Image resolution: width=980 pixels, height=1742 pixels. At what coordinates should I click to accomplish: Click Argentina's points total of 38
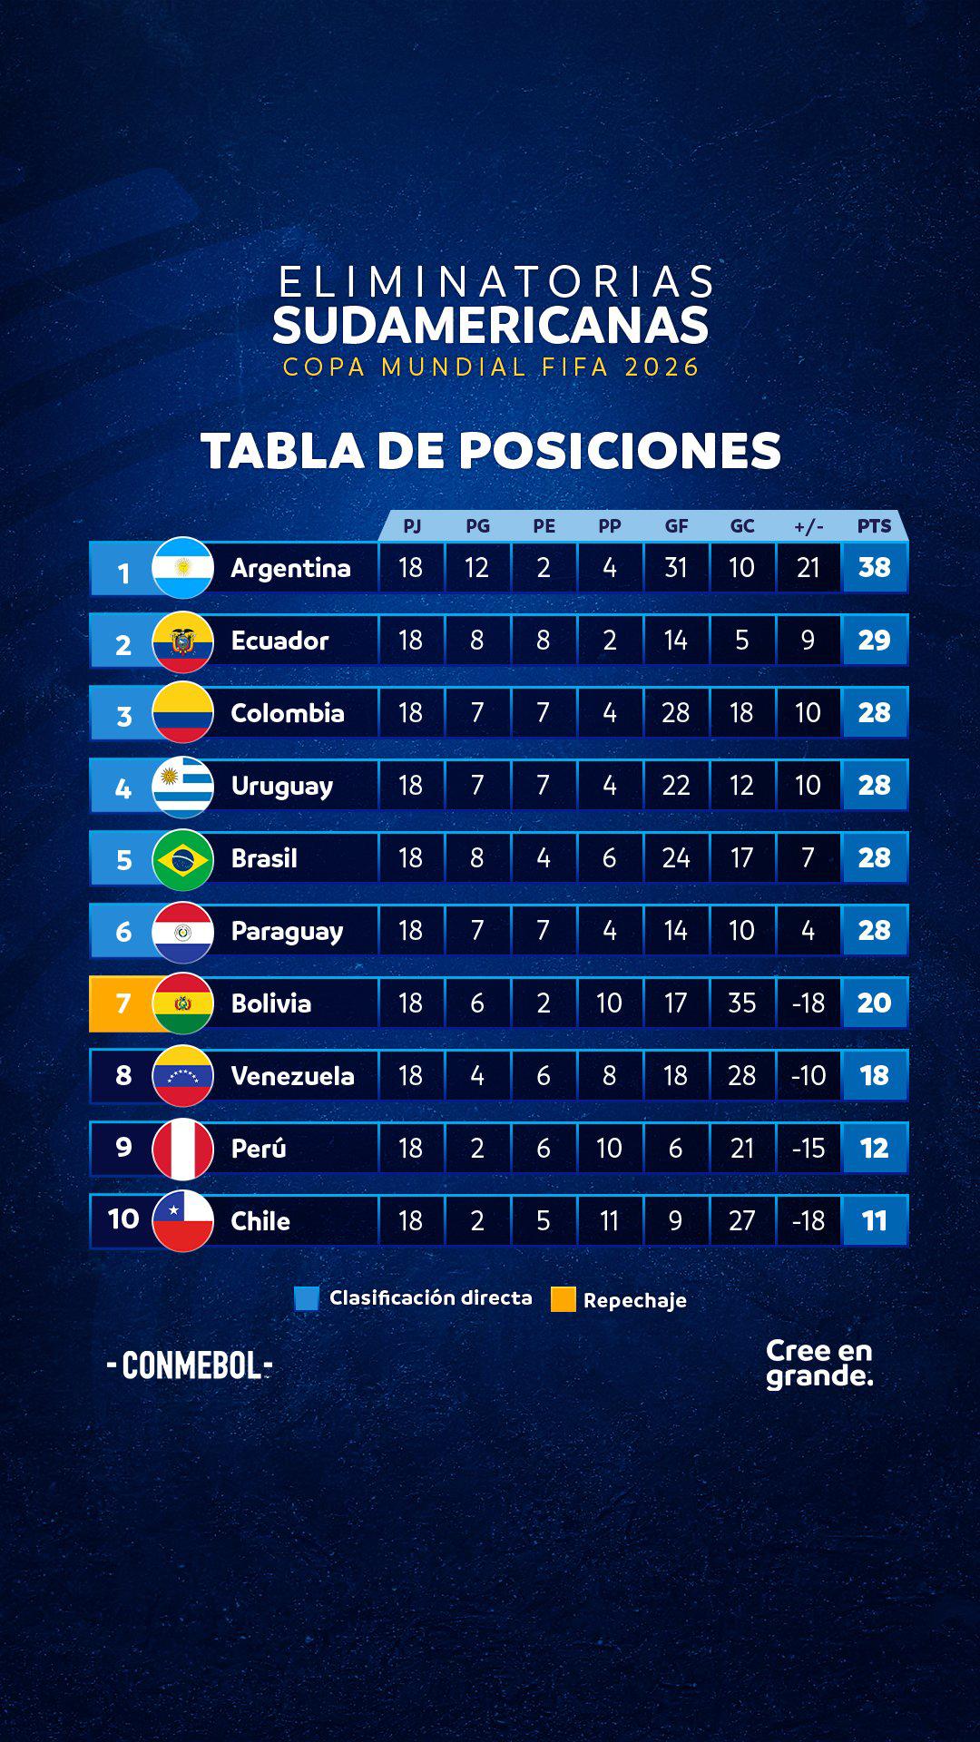tap(875, 568)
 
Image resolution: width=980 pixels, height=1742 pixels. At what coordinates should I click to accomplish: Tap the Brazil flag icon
tap(183, 858)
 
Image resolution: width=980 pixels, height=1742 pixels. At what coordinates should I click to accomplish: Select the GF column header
tap(676, 526)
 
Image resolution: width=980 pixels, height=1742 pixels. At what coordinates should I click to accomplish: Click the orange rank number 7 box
tap(123, 1003)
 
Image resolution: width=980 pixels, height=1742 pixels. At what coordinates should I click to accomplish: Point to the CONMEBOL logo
tap(190, 1365)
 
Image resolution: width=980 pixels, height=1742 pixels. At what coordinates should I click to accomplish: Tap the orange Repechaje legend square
tap(563, 1299)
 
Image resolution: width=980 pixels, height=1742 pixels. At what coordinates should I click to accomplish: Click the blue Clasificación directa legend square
tap(307, 1298)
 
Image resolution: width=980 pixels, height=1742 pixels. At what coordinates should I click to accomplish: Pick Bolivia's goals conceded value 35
tap(742, 1003)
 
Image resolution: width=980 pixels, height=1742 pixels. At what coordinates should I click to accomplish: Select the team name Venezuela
tap(292, 1076)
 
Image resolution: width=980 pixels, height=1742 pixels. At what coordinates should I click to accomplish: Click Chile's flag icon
tap(183, 1221)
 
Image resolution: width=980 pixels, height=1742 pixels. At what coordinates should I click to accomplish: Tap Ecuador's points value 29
tap(875, 641)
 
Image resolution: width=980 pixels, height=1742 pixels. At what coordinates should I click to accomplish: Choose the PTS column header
tap(875, 526)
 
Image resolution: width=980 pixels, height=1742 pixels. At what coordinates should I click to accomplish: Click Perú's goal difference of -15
tap(808, 1149)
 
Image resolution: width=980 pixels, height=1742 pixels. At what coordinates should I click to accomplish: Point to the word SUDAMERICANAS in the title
tap(490, 326)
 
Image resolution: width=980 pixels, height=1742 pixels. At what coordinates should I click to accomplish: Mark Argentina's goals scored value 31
tap(676, 568)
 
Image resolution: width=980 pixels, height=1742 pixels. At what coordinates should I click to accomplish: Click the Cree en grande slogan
tap(818, 1363)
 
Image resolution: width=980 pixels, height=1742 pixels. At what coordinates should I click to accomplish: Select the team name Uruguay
tap(282, 786)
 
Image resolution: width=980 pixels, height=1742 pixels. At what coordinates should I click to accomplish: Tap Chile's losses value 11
tap(610, 1221)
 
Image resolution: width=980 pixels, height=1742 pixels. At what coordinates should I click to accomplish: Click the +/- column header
tap(808, 526)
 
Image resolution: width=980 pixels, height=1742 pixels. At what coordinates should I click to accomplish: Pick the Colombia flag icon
tap(183, 713)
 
